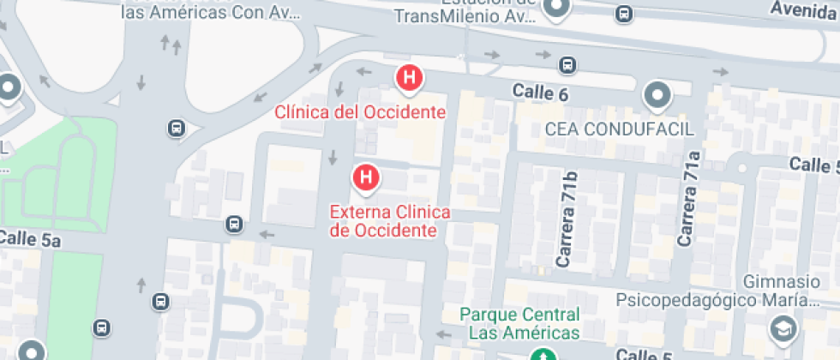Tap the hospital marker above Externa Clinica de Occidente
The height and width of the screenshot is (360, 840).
366,177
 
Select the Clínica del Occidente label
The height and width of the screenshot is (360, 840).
360,112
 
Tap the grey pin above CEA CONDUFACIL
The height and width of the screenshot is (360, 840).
657,94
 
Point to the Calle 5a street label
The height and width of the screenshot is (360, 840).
31,240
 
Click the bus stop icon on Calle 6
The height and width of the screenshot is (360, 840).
567,64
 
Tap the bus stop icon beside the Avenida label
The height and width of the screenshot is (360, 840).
625,14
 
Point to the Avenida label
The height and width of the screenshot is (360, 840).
804,9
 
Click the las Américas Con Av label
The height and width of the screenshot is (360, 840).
211,12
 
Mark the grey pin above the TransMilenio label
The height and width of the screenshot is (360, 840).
558,8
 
